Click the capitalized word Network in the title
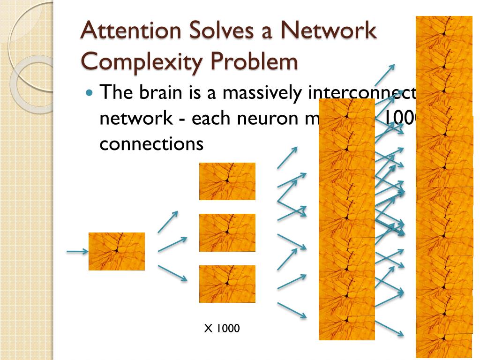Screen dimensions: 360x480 [x=328, y=31]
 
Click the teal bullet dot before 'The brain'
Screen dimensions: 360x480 [x=90, y=92]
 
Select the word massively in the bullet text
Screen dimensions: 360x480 [x=262, y=92]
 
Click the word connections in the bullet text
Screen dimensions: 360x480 [x=151, y=144]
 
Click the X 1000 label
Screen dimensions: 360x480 [x=222, y=329]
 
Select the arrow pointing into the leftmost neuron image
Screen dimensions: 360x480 [x=77, y=252]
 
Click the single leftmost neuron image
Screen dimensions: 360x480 [x=117, y=251]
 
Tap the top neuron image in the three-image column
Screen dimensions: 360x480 [x=227, y=181]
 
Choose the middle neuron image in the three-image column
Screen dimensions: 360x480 [x=227, y=232]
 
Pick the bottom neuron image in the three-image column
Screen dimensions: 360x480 [x=227, y=284]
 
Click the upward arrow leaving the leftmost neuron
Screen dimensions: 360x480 [x=168, y=222]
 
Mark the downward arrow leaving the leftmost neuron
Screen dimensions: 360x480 [x=172, y=273]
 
